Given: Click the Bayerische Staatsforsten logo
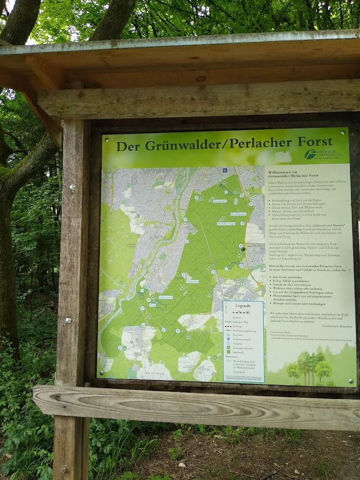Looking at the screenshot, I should (x=323, y=154).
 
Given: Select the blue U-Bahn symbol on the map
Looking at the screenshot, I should (x=225, y=170).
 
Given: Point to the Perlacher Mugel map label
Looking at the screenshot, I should (x=226, y=223).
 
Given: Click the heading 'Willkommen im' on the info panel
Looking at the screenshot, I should (x=283, y=172).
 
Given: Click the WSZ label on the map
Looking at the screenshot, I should (x=152, y=306).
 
